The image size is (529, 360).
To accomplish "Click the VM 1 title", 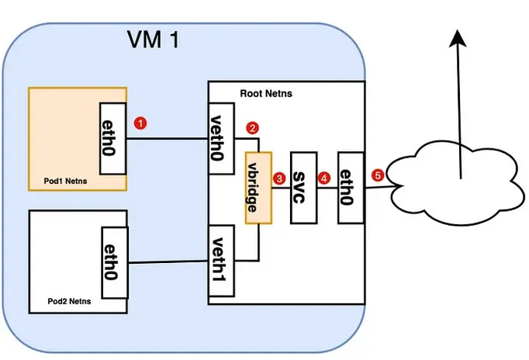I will [153, 40].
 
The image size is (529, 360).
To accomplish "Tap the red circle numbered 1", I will [140, 123].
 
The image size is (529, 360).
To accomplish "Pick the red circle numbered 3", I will [279, 178].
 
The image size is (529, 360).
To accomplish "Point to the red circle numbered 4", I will [324, 178].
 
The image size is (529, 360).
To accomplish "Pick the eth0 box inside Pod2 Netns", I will [113, 262].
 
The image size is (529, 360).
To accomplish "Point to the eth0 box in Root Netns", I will [351, 187].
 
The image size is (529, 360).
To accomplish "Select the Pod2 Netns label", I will [64, 299].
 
